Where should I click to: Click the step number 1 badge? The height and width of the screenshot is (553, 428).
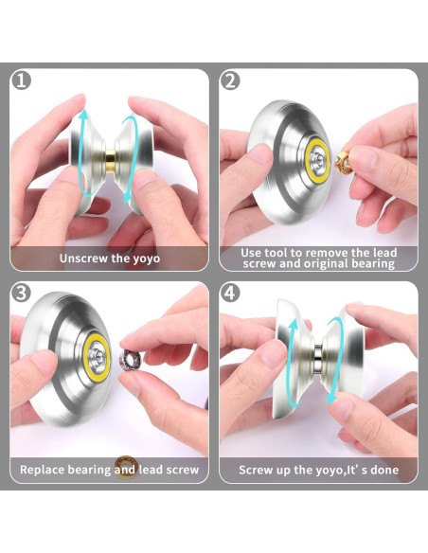click(22, 81)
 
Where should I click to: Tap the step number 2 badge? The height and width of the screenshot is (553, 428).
click(231, 81)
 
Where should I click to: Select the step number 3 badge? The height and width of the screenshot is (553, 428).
click(22, 293)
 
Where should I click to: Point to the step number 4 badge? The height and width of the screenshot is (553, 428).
click(231, 293)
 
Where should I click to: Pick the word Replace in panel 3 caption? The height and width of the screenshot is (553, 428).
click(45, 470)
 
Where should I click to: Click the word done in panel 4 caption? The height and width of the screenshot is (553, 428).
click(382, 470)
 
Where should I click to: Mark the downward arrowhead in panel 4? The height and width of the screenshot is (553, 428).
click(332, 401)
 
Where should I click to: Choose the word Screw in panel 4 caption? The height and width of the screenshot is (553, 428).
click(256, 470)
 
